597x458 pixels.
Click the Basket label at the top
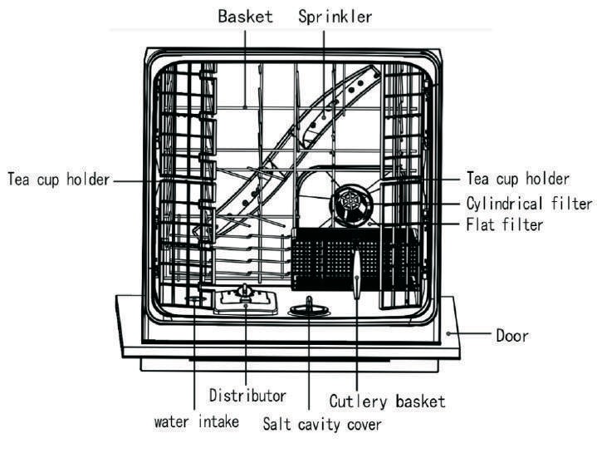click(246, 16)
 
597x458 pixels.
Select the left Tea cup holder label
click(58, 180)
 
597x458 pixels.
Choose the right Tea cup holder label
click(517, 180)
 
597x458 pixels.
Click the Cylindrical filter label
click(529, 204)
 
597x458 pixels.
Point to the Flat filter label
click(505, 224)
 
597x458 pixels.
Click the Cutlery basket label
click(387, 401)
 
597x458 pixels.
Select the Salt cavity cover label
click(322, 424)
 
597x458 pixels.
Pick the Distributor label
click(247, 396)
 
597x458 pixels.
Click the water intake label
click(197, 421)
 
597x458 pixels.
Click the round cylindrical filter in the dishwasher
click(348, 203)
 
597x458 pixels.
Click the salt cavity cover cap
click(306, 309)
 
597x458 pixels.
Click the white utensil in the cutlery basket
click(356, 274)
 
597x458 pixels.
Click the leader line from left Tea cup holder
click(137, 179)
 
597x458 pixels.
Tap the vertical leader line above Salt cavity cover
click(309, 366)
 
